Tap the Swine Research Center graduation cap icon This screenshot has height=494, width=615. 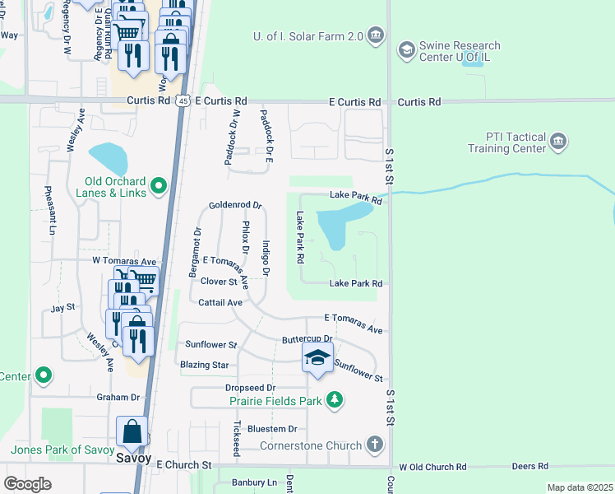tap(406, 51)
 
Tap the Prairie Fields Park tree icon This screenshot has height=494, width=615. tap(334, 400)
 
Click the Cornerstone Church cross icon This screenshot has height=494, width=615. tap(374, 445)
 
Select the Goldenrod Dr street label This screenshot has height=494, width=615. tap(234, 205)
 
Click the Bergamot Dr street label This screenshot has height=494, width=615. tap(197, 253)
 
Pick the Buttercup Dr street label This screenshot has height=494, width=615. tap(306, 338)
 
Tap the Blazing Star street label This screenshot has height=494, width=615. tap(204, 364)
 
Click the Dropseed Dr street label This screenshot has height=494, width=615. tap(250, 387)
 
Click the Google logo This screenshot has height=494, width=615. tap(27, 483)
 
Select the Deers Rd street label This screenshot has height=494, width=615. tap(524, 466)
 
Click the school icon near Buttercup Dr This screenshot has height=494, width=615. tap(317, 359)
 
